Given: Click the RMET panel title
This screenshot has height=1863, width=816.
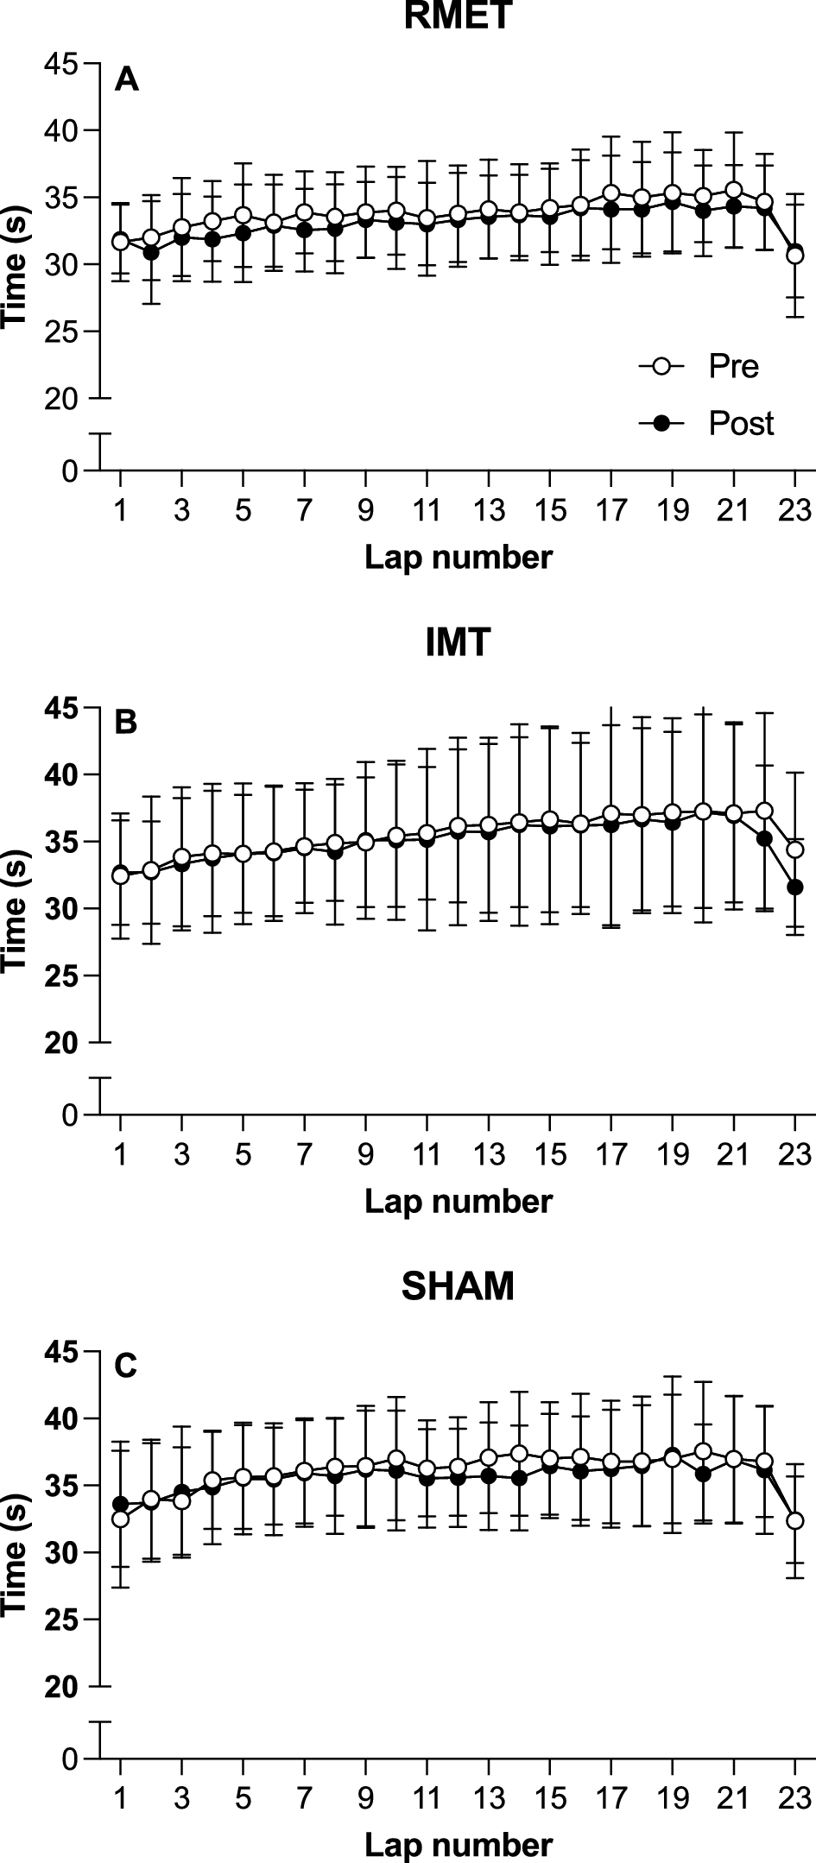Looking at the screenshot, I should coord(458,15).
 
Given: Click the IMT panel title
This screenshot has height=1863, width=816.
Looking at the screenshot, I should coord(458,643).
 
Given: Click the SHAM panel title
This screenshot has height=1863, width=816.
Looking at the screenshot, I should coord(458,1287).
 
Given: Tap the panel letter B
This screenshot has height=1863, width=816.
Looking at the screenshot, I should coord(126,723).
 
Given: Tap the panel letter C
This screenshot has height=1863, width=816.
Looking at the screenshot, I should coord(126,1367).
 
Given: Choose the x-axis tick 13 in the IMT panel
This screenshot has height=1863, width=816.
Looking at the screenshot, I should coord(489,1154).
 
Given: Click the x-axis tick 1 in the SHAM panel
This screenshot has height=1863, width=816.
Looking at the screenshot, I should coord(121,1797).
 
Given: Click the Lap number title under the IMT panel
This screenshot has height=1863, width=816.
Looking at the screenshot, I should coord(458,1202).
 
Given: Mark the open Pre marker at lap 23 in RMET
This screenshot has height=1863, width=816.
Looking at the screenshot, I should coord(794,256).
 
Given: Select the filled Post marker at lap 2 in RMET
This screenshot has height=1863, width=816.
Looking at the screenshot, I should coord(151,252).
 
